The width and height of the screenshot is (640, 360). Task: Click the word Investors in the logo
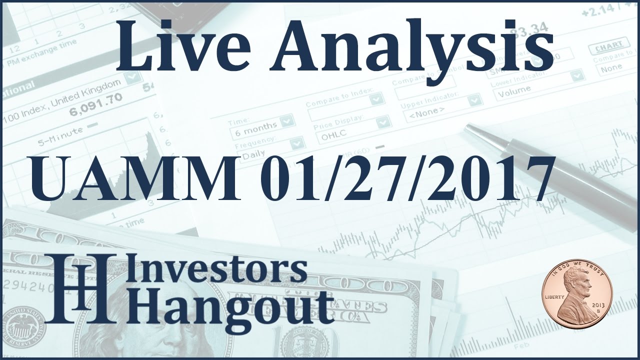click(x=220, y=270)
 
